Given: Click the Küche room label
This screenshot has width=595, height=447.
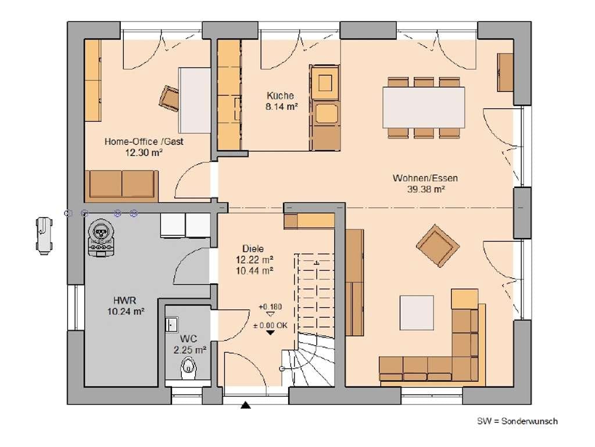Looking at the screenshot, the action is pyautogui.click(x=280, y=95).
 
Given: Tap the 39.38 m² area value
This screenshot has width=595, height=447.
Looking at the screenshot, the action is pyautogui.click(x=426, y=189).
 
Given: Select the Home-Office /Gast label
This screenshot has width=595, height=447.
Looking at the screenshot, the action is pyautogui.click(x=144, y=141).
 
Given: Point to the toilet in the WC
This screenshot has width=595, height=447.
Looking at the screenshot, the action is pyautogui.click(x=188, y=368).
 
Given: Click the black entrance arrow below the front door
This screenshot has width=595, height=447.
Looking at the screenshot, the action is pyautogui.click(x=246, y=405).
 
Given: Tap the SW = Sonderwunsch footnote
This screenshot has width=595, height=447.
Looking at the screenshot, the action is pyautogui.click(x=517, y=421).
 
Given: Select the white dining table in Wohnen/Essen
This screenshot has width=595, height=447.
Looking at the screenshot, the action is pyautogui.click(x=424, y=107).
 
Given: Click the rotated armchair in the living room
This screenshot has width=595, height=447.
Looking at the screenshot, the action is pyautogui.click(x=438, y=246).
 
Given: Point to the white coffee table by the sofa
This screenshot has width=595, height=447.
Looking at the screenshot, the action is pyautogui.click(x=417, y=313).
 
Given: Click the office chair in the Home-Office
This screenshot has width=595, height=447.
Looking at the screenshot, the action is pyautogui.click(x=169, y=97).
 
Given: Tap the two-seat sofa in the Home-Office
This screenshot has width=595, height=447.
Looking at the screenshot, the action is pyautogui.click(x=121, y=186).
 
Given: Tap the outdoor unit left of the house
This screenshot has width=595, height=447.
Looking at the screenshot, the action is pyautogui.click(x=44, y=236).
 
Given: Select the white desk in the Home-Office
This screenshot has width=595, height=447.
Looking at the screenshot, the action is pyautogui.click(x=195, y=100).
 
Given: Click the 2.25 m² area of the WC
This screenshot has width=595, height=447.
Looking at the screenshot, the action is pyautogui.click(x=190, y=350).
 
